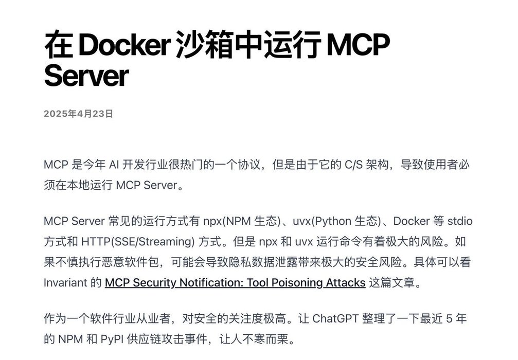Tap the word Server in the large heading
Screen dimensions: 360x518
pos(86,76)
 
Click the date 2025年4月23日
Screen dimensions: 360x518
pos(78,114)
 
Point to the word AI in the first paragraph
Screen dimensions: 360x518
pos(114,166)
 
